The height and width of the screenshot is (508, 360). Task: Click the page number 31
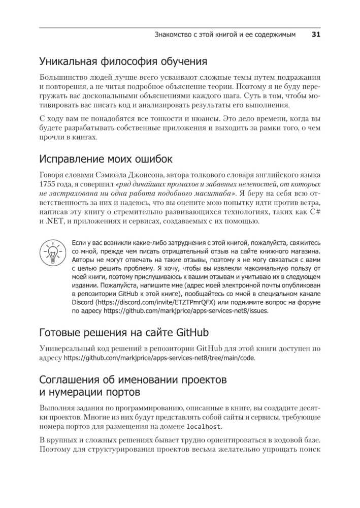tap(315, 35)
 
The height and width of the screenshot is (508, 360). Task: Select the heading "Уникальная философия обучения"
tap(123, 62)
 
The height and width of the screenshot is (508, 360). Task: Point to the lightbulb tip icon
tap(51, 253)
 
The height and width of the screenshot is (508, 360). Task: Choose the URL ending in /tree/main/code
tap(160, 358)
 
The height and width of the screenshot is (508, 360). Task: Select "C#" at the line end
tap(314, 212)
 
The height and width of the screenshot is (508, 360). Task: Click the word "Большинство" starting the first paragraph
tap(64, 78)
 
